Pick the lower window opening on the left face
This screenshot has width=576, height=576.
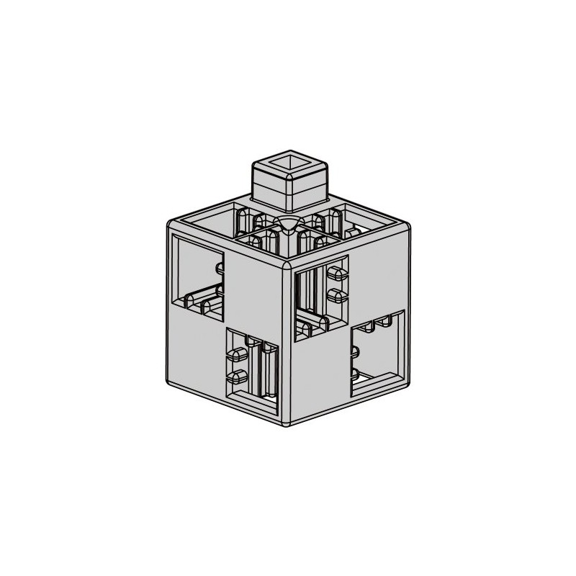pos(252,367)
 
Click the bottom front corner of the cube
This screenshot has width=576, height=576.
pos(292,425)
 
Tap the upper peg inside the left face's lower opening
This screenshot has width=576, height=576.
pos(236,354)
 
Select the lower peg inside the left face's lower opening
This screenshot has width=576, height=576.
pos(236,375)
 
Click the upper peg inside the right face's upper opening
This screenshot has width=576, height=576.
pos(336,274)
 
